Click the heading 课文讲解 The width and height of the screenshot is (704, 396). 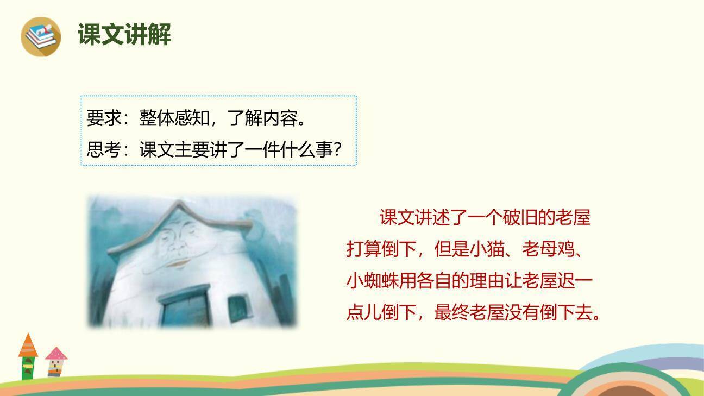tap(124, 35)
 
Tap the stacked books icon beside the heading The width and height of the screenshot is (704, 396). tap(41, 36)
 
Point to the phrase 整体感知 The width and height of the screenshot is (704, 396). tap(174, 118)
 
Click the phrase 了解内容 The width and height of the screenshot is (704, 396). tap(262, 118)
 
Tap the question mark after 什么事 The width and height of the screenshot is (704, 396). tap(337, 150)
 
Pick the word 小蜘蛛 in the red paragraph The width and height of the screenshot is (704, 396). tap(373, 281)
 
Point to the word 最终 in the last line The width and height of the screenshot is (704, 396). tap(451, 313)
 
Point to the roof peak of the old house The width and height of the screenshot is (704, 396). tap(178, 204)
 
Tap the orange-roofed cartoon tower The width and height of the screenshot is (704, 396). tap(28, 356)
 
